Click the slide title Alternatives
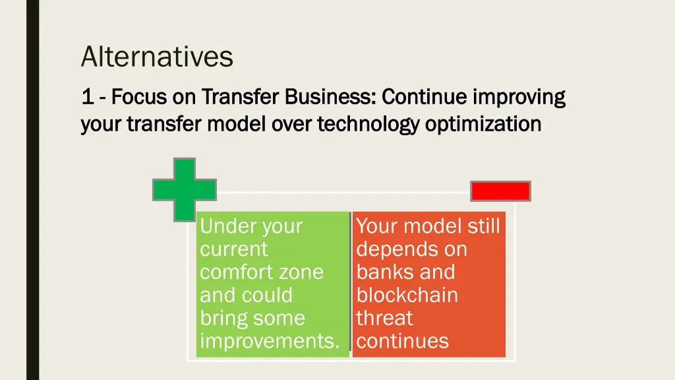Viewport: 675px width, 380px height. coord(157,57)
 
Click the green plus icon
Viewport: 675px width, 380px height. coord(184,189)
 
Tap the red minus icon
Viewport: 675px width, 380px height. coord(500,191)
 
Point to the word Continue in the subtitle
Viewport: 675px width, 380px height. coord(424,97)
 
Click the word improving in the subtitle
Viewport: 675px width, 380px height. coord(519,98)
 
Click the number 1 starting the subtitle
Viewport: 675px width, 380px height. coord(86,97)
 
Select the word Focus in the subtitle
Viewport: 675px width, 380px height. coord(139,97)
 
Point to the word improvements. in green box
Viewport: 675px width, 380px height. coord(270,341)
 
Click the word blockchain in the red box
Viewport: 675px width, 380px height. coord(407,295)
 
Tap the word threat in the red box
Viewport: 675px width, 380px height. coord(384,318)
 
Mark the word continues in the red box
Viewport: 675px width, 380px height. coord(402,341)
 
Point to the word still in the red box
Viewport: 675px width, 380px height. coord(484,226)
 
